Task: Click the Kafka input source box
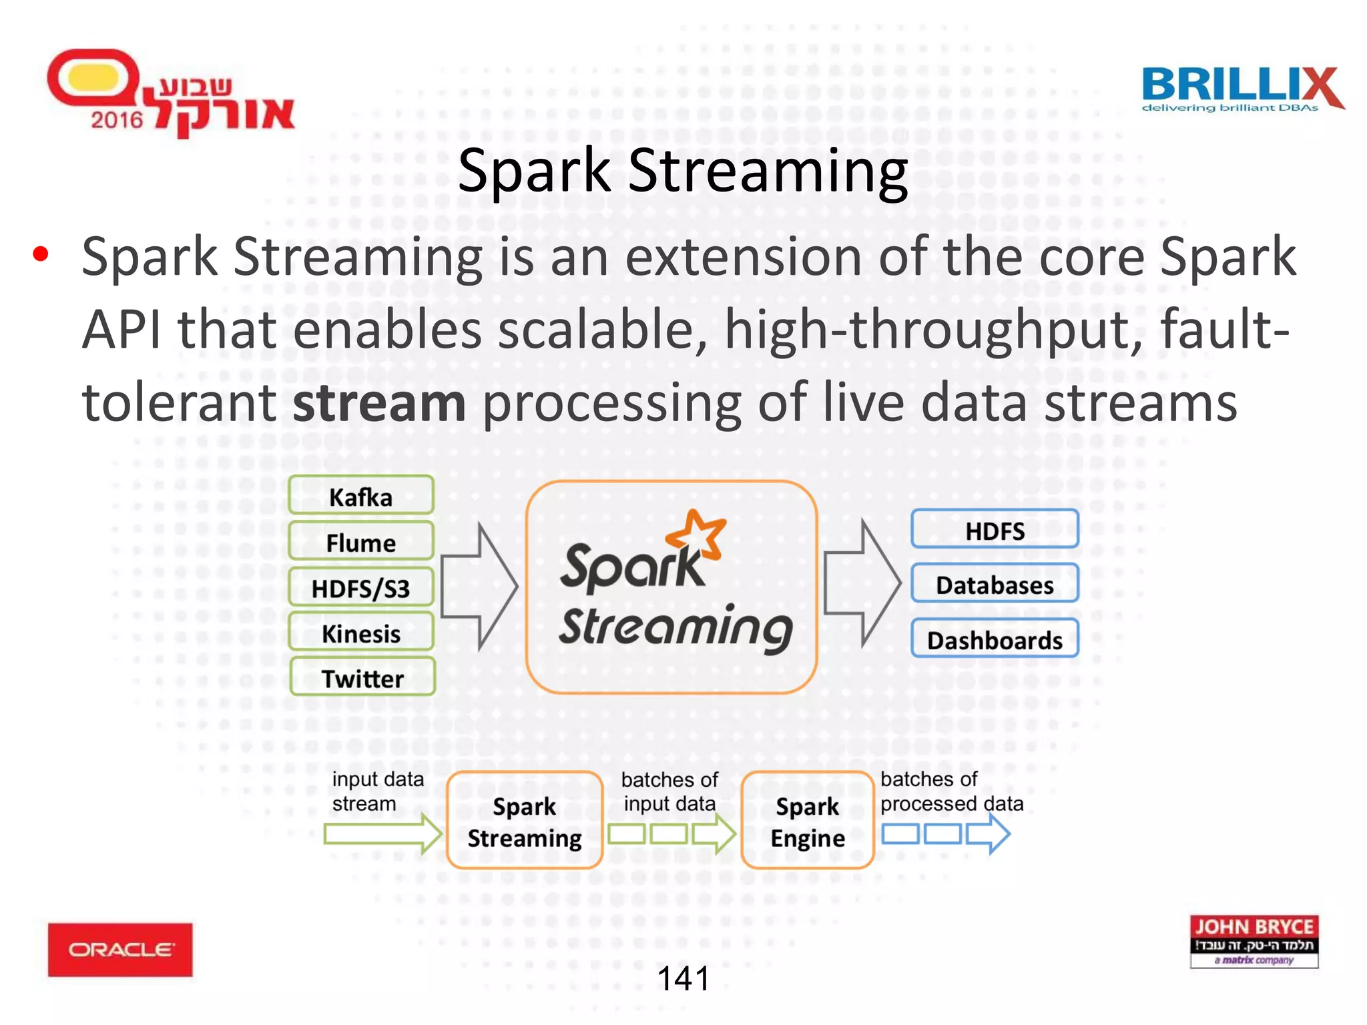(361, 496)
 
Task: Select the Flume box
(361, 542)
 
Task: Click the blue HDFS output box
(995, 530)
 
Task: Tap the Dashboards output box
(995, 639)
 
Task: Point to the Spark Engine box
(808, 821)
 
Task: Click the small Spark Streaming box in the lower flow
(525, 821)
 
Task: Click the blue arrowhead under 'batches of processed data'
(989, 834)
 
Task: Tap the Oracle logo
(120, 950)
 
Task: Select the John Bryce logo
(1254, 942)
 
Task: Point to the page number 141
(683, 979)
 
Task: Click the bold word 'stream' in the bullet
(379, 403)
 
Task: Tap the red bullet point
(41, 254)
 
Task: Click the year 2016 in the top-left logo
(117, 120)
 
